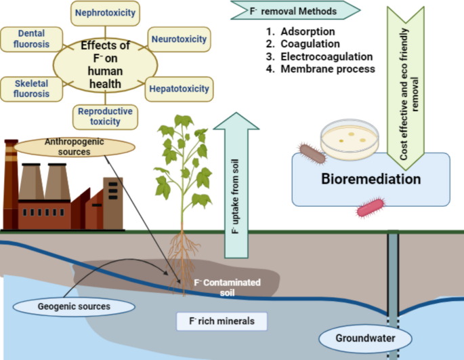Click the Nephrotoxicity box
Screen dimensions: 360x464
click(105, 12)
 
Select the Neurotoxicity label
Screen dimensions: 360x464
click(179, 39)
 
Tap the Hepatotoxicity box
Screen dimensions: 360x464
click(178, 88)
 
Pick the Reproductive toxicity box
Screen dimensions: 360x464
click(105, 116)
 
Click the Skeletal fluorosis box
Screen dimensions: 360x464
click(32, 88)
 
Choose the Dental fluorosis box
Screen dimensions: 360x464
click(32, 39)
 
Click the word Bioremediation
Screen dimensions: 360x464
click(371, 180)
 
